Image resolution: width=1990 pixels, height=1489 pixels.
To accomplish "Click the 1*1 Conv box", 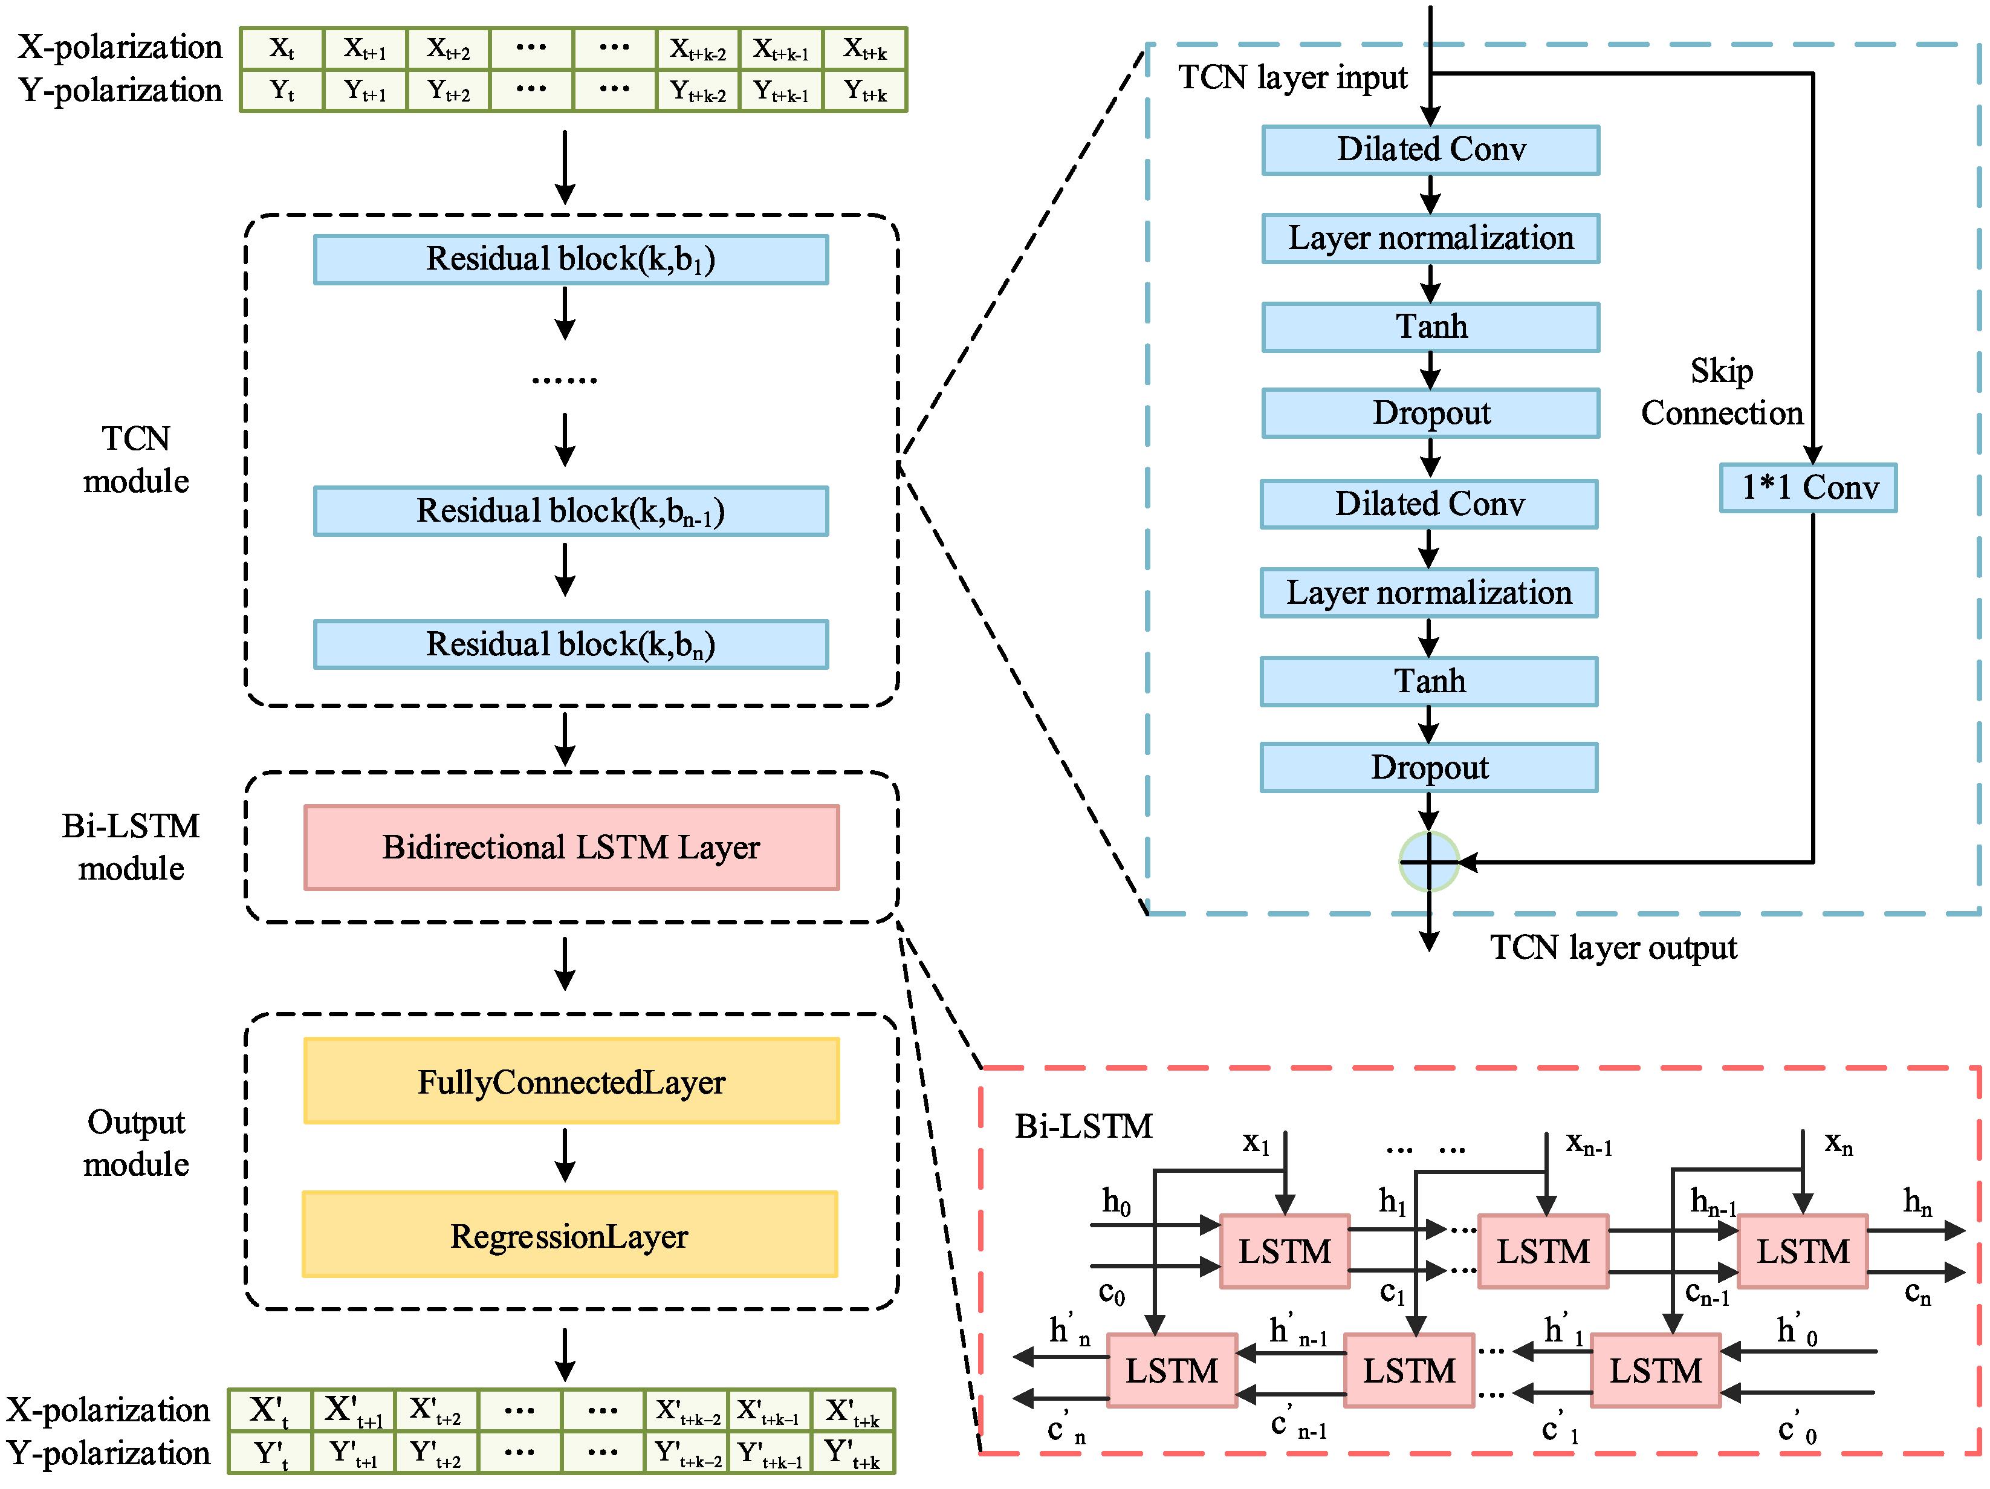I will pyautogui.click(x=1807, y=488).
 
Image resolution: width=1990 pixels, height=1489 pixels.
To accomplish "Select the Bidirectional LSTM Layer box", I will pyautogui.click(x=571, y=848).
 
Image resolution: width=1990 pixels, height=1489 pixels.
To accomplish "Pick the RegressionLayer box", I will pyautogui.click(x=569, y=1234).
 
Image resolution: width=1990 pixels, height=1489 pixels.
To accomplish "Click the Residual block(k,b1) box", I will pyautogui.click(x=571, y=259).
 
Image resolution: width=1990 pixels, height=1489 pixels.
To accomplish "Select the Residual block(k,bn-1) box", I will pyautogui.click(x=571, y=511).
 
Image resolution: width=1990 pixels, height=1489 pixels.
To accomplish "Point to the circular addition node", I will pyautogui.click(x=1428, y=862).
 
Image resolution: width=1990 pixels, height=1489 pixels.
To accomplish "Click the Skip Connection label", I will pyautogui.click(x=1721, y=391).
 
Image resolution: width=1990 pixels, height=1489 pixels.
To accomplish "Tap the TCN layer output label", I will pyautogui.click(x=1613, y=947).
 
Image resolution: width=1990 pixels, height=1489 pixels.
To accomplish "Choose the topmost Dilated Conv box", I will pyautogui.click(x=1430, y=149).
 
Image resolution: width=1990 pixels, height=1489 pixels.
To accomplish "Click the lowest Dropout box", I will pyautogui.click(x=1428, y=767).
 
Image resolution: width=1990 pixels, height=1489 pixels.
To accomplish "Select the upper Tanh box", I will pyautogui.click(x=1430, y=326).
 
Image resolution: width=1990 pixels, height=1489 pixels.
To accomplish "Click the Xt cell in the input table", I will pyautogui.click(x=282, y=48).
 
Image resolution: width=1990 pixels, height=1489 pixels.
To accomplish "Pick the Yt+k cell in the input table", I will pyautogui.click(x=864, y=91).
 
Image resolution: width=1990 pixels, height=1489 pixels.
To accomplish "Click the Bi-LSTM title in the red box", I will pyautogui.click(x=1083, y=1126).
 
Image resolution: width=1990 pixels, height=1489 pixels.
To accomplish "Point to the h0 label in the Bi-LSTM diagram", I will pyautogui.click(x=1115, y=1201).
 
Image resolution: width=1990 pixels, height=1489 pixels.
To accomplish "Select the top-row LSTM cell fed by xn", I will pyautogui.click(x=1802, y=1251).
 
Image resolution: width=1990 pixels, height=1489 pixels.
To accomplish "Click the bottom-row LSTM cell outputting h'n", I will pyautogui.click(x=1172, y=1371).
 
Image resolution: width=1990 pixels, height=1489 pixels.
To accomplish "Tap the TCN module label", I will pyautogui.click(x=136, y=459).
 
